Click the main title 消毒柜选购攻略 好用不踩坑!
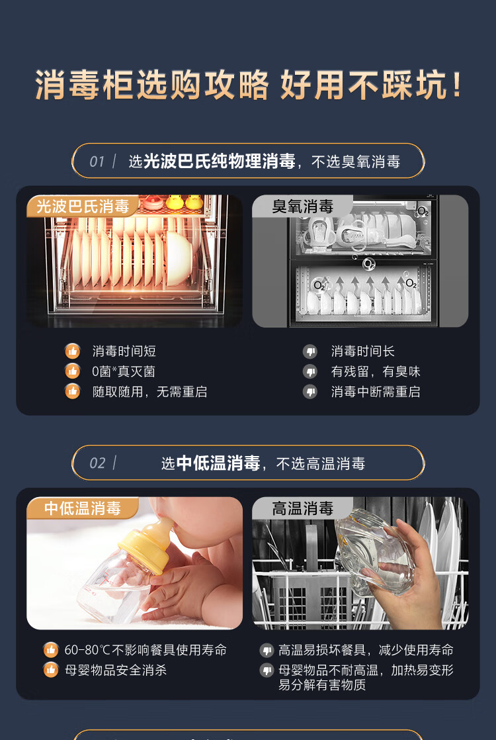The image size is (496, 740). click(x=248, y=85)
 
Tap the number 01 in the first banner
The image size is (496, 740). click(x=97, y=162)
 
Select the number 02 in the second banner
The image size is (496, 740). click(x=97, y=463)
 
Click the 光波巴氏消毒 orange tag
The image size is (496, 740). click(x=83, y=207)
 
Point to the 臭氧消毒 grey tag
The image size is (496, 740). click(x=302, y=207)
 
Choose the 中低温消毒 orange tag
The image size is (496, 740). click(x=83, y=508)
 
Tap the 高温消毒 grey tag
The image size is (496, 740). click(x=302, y=508)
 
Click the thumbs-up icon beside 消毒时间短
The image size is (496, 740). click(x=72, y=351)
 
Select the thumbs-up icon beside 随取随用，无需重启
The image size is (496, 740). click(x=72, y=392)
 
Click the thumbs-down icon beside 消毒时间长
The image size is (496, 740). click(x=310, y=351)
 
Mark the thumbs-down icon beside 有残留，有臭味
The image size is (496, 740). click(x=310, y=371)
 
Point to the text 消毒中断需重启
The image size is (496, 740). click(x=375, y=392)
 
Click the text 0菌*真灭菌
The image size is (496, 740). click(x=124, y=371)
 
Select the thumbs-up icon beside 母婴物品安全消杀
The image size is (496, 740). click(x=51, y=670)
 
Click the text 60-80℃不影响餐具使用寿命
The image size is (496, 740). click(x=145, y=650)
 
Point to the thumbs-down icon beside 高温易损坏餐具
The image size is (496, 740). click(x=267, y=651)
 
